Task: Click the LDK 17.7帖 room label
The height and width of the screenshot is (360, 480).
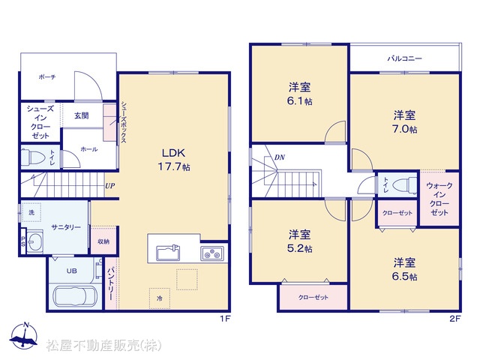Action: coord(173,160)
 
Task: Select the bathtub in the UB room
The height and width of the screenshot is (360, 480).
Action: coord(75,296)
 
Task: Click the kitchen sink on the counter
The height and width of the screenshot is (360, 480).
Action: coord(168,253)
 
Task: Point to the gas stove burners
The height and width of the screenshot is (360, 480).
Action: coord(212,253)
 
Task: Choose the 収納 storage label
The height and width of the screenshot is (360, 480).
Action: coord(103,241)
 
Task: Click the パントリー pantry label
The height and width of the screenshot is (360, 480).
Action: coord(111,283)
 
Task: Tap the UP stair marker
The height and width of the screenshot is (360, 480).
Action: coord(110,186)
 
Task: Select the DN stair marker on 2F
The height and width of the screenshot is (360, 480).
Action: coord(280,157)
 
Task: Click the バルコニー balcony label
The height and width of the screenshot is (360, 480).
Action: coord(404,58)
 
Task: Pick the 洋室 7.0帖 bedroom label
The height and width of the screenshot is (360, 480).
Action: coord(404,122)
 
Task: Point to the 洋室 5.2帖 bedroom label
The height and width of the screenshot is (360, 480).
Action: coord(300,241)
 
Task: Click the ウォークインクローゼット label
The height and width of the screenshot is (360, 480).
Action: coord(439,199)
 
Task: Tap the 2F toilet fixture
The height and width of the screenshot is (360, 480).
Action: coord(404,185)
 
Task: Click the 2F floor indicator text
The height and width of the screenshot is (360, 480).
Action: coord(454,319)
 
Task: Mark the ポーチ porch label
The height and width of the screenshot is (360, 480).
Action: coord(47,76)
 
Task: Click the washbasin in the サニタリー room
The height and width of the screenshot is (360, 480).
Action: coord(34,241)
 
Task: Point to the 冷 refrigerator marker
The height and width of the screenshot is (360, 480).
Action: coord(160,298)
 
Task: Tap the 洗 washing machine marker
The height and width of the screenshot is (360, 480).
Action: coord(31,212)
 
